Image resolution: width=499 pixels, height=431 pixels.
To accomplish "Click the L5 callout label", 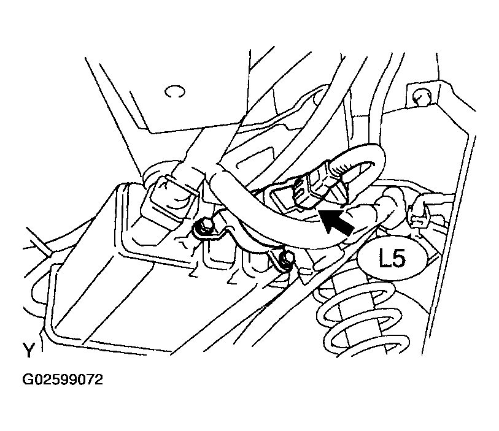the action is pos(393,257).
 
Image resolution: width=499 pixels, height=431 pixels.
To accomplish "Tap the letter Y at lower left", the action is pos(28,350).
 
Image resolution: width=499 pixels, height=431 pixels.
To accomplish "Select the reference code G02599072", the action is pos(63,380).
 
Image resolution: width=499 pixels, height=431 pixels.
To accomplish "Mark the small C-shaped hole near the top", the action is pos(174,91).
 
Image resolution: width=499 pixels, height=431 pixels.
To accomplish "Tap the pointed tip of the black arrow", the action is pos(320,210).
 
